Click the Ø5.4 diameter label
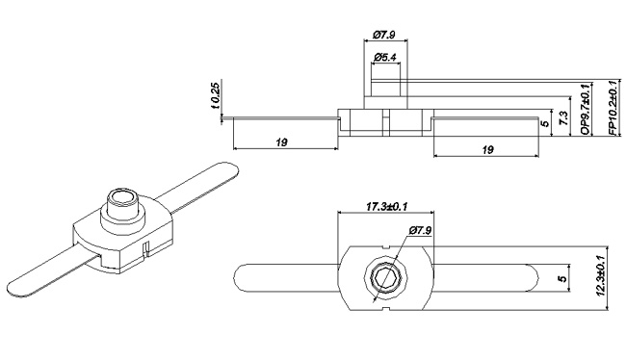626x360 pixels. coord(386,59)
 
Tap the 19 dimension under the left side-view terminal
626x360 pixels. coord(282,142)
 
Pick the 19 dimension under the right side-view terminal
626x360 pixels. coord(487,149)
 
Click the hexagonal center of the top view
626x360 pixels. coord(385,278)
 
